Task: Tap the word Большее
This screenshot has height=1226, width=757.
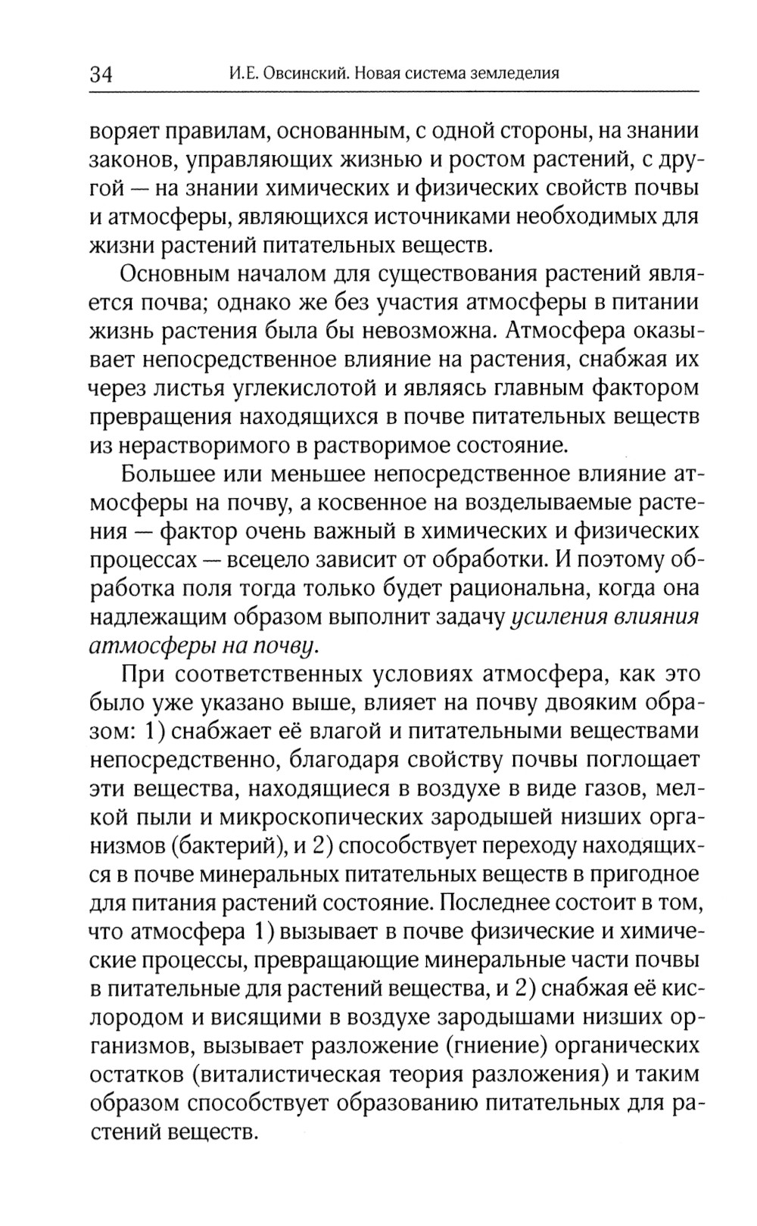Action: click(x=167, y=475)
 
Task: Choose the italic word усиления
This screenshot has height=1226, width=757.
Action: click(x=558, y=617)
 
